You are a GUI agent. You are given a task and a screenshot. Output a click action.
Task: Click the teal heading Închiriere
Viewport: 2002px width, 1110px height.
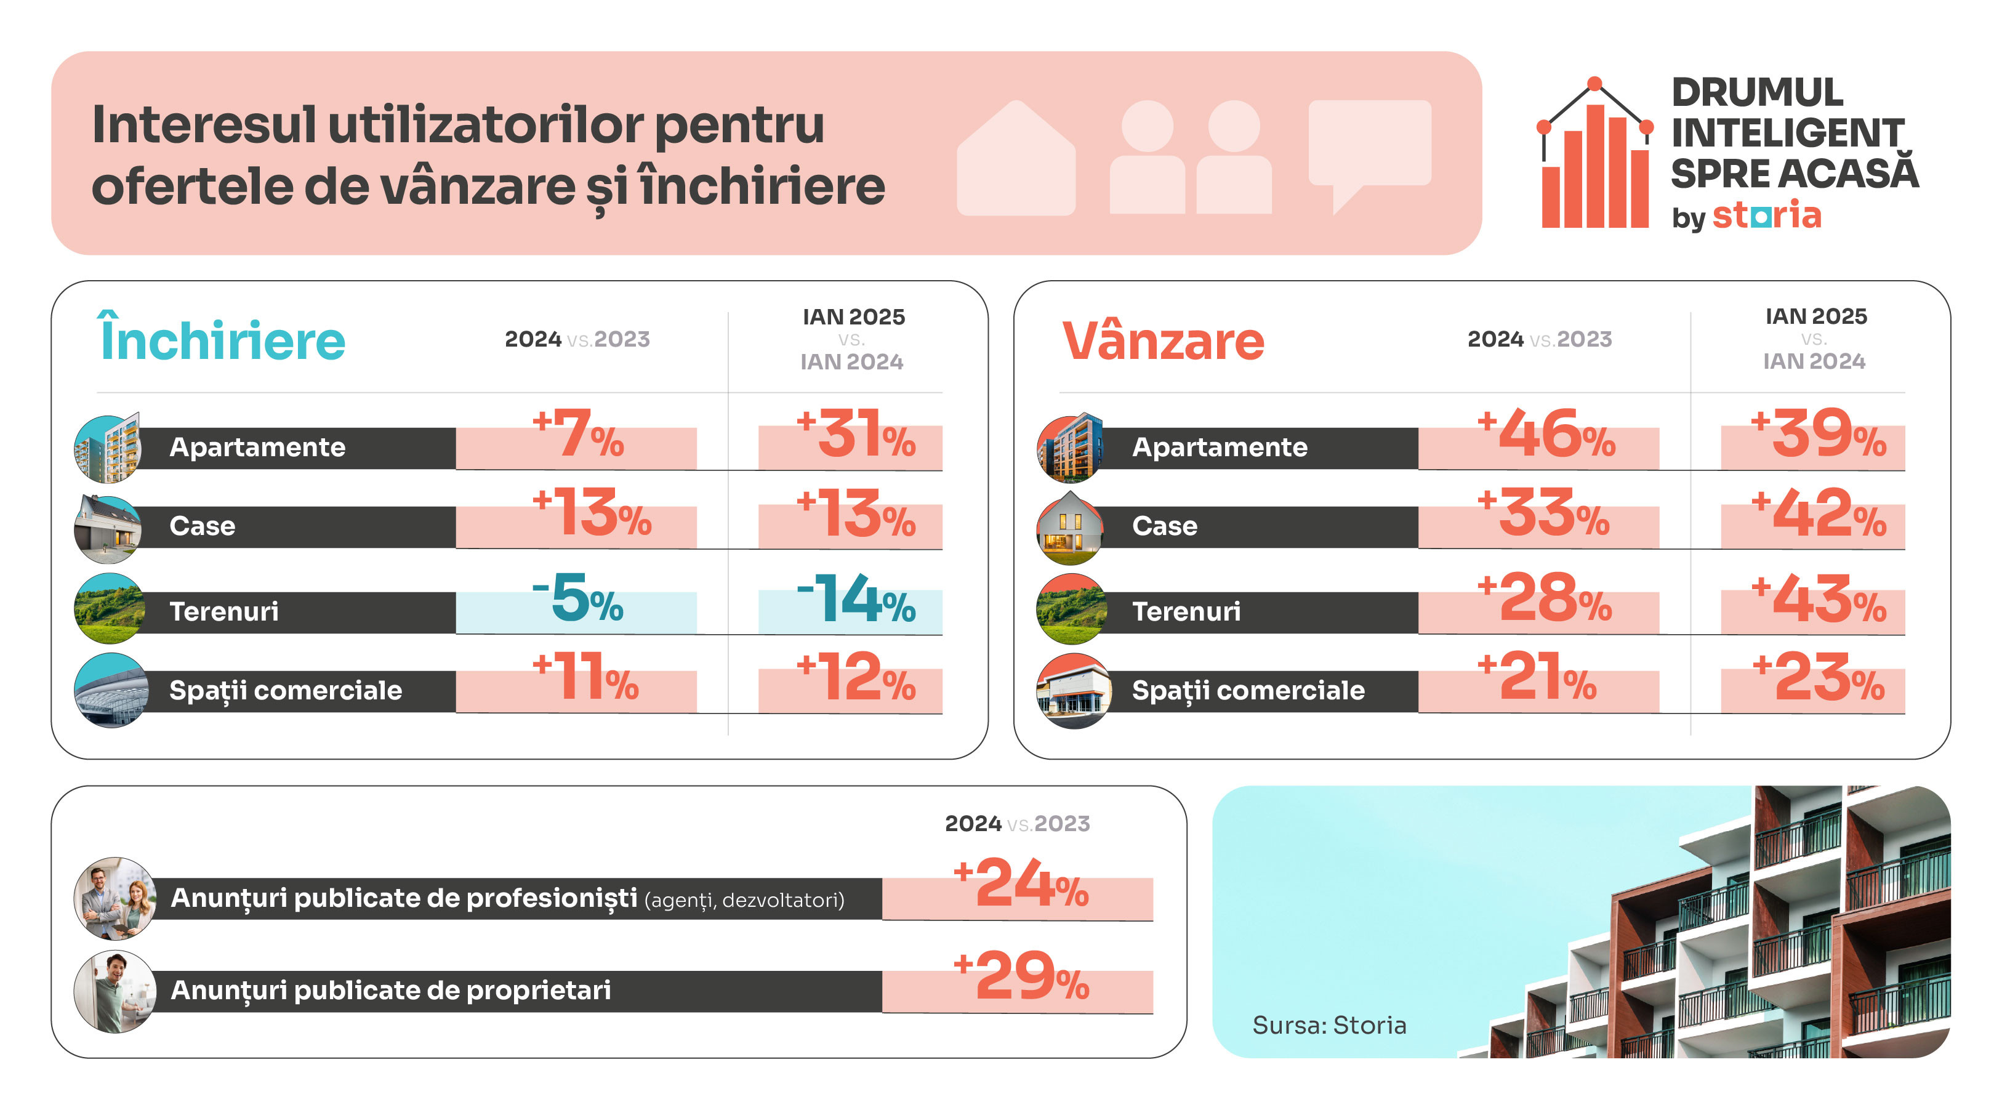pos(222,340)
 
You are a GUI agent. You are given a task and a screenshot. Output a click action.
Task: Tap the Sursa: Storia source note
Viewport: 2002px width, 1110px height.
pos(1329,1025)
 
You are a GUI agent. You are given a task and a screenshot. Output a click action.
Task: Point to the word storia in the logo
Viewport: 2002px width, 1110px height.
pos(1766,215)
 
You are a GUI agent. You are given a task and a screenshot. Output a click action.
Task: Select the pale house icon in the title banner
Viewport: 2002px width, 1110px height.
pos(1016,159)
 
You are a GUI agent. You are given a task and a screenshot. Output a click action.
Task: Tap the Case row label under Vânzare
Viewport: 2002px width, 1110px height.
pos(1164,526)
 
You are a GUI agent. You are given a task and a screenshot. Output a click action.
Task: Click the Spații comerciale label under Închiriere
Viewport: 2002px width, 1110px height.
pos(285,690)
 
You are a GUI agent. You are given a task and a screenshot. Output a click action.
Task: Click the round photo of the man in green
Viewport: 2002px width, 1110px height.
pos(115,991)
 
